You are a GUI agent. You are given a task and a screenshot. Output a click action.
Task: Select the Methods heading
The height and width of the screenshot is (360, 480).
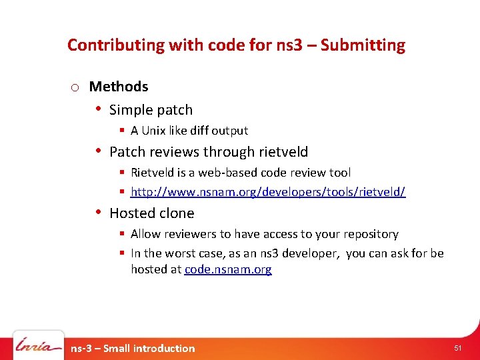coord(119,87)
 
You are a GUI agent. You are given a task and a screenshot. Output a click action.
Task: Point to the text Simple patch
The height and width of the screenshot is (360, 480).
coord(151,110)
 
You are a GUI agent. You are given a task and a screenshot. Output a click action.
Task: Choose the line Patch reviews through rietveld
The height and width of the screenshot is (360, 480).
coord(209,152)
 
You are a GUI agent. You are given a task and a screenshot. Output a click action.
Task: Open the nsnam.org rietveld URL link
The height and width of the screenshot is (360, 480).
coord(268,192)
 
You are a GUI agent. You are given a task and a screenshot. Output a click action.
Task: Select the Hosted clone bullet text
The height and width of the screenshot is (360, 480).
coord(151,213)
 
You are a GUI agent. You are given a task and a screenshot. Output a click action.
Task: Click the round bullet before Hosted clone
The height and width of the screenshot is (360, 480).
coord(97,213)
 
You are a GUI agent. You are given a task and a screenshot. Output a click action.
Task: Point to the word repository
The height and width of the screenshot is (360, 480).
coord(371,234)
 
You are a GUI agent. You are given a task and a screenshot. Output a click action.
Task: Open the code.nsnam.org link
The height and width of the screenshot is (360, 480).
coord(228,269)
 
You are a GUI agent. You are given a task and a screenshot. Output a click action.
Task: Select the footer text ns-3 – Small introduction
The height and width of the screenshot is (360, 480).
coord(133,348)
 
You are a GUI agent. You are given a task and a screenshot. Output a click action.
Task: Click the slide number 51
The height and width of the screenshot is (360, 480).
coord(457,348)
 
